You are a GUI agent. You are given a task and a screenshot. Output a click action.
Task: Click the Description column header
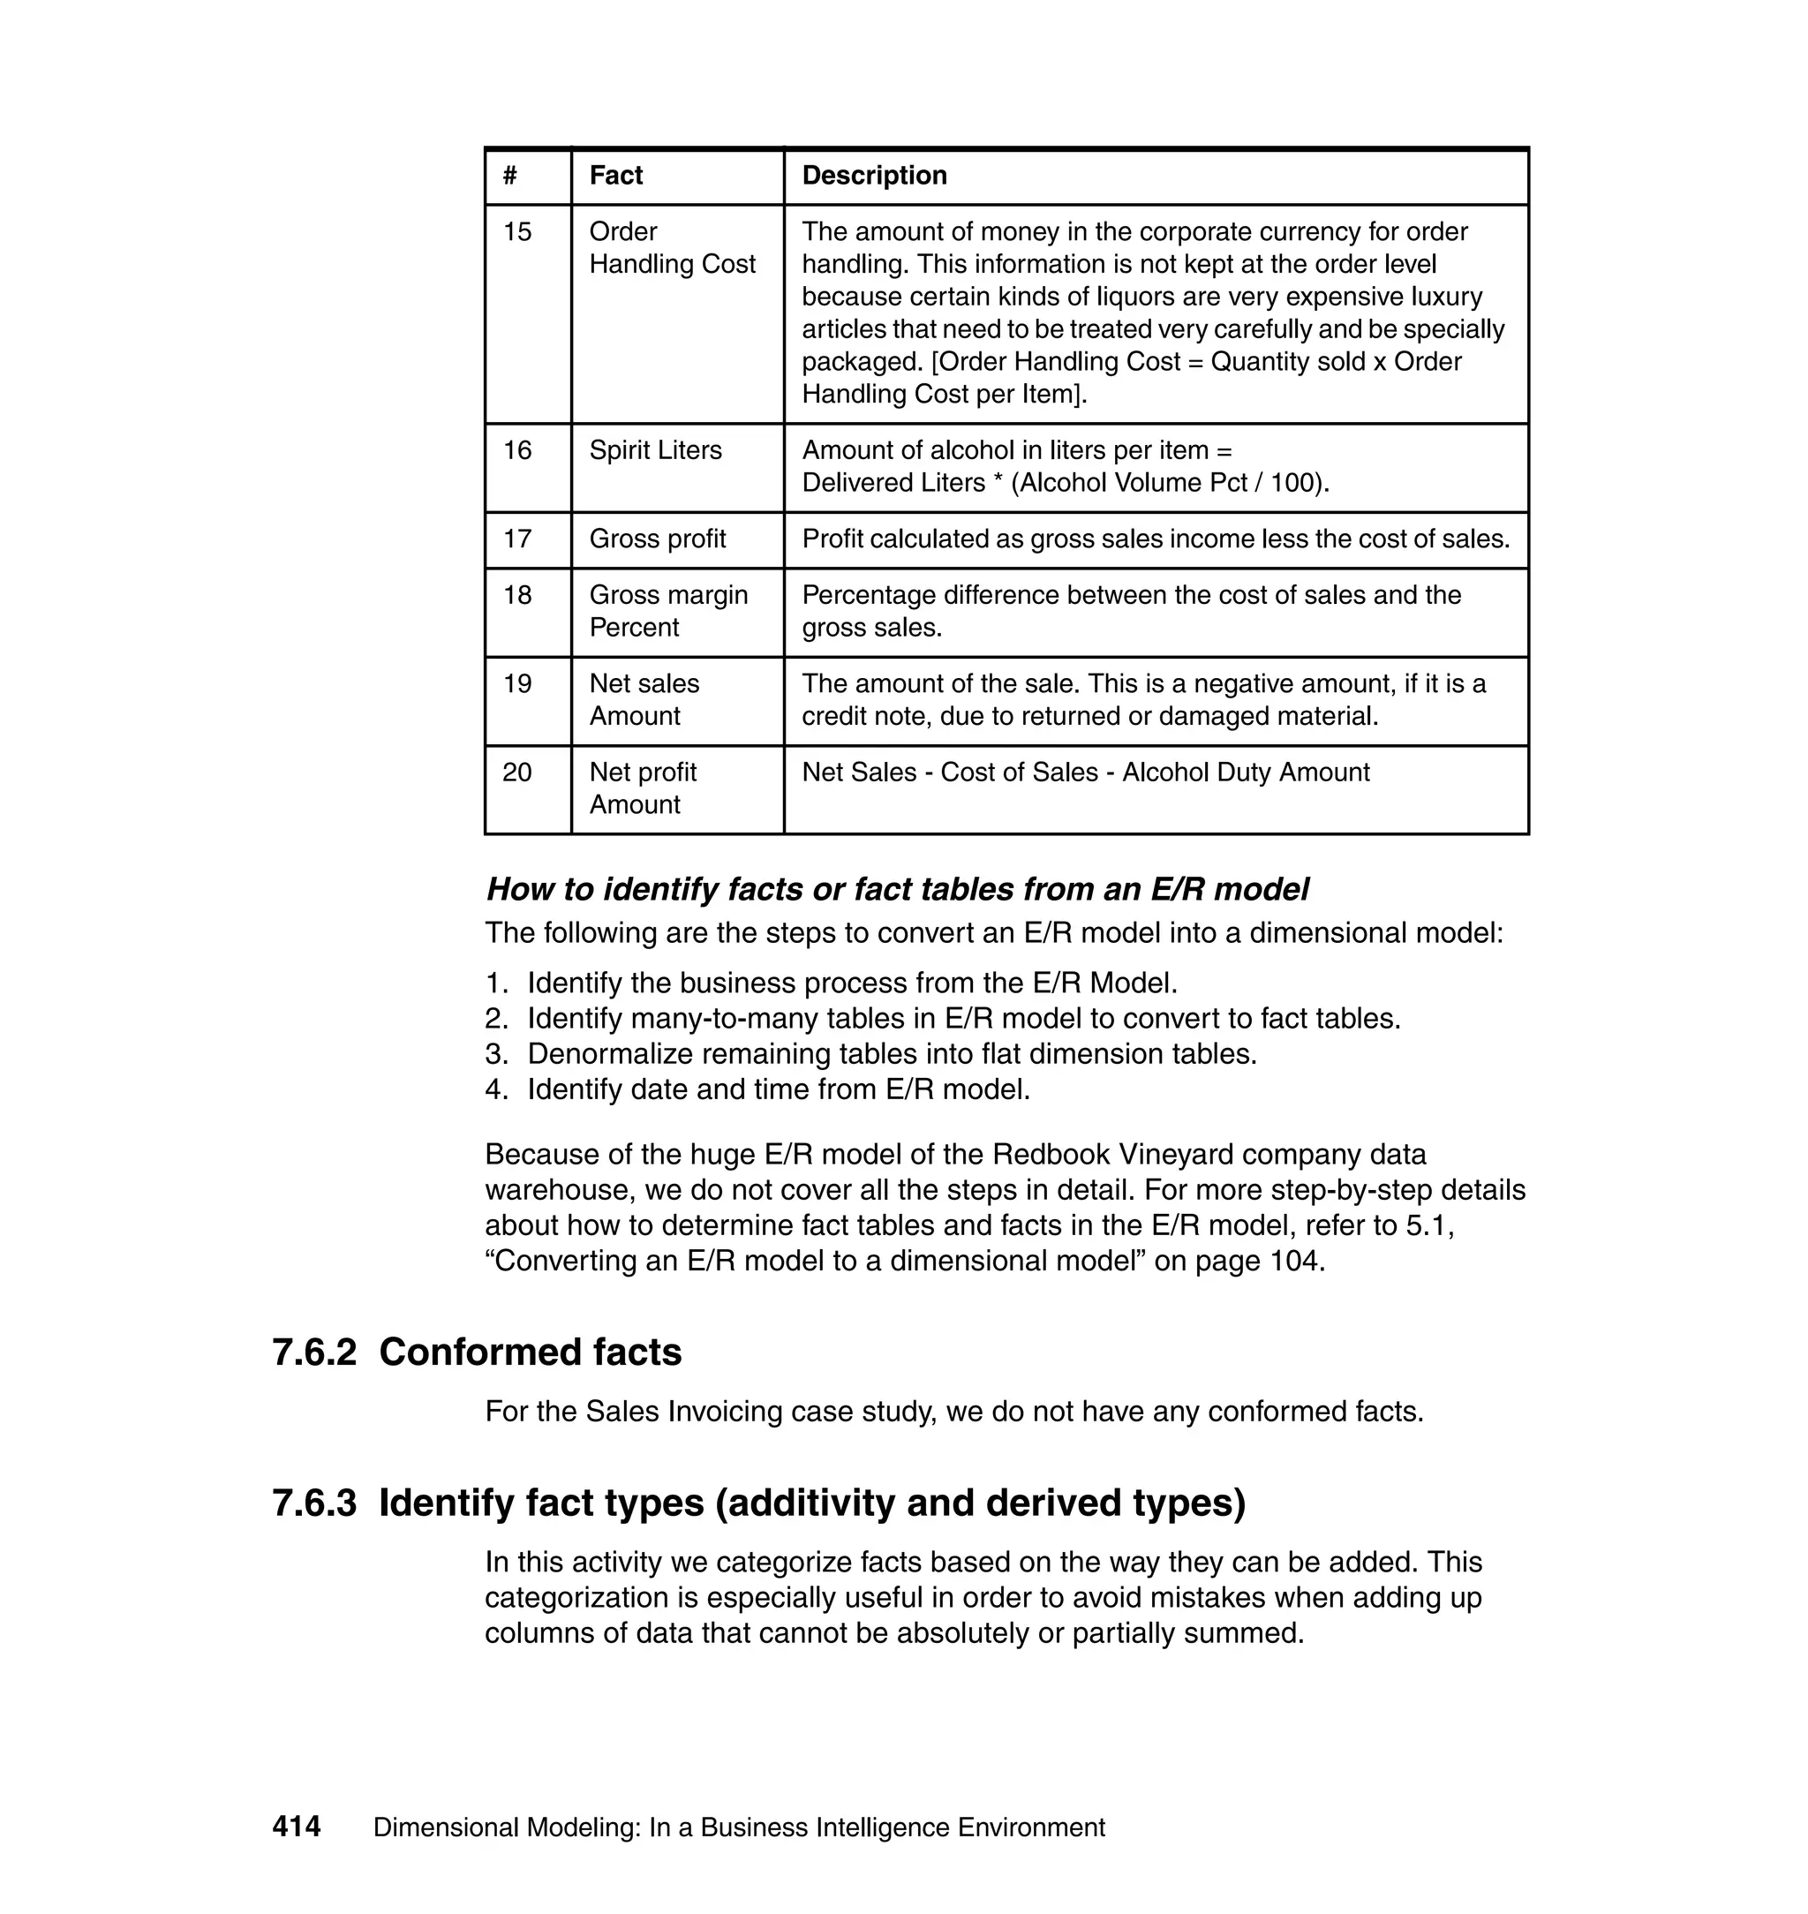point(874,176)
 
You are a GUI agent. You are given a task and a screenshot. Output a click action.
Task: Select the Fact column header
point(616,176)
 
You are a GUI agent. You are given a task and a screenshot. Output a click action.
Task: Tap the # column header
point(510,176)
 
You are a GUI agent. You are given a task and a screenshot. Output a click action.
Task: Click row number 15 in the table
point(517,232)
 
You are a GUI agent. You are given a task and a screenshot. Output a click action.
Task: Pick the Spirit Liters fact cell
point(655,450)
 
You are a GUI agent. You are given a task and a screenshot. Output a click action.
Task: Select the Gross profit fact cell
point(658,539)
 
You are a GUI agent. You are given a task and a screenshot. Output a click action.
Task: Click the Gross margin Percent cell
point(668,611)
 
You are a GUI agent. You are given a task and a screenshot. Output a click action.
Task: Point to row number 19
point(517,683)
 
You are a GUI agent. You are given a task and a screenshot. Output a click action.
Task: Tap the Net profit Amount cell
point(643,787)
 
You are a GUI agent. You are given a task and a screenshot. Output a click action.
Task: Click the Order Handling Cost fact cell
point(672,248)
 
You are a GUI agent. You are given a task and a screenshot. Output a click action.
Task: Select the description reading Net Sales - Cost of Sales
point(1085,772)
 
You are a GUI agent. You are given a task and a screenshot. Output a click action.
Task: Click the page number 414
point(296,1827)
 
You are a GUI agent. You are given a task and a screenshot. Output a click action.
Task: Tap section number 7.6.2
point(314,1353)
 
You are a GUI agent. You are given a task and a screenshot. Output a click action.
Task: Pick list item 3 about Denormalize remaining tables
point(892,1053)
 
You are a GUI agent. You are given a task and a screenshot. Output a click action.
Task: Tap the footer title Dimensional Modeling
point(738,1827)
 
